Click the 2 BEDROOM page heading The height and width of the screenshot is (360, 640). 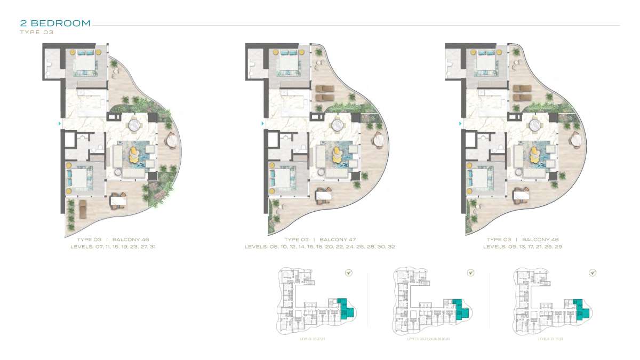click(x=55, y=23)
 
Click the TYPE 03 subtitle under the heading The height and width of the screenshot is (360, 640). click(x=37, y=32)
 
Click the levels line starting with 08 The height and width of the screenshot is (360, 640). click(x=320, y=247)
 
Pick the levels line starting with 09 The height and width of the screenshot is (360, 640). click(x=523, y=247)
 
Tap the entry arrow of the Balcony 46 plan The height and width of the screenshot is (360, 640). click(x=59, y=124)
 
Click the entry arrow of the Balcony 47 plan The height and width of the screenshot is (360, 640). click(x=262, y=124)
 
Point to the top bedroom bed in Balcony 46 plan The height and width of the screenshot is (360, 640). click(x=84, y=64)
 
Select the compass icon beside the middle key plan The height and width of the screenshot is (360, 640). click(x=470, y=273)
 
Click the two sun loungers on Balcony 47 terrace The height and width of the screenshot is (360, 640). click(x=325, y=93)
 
